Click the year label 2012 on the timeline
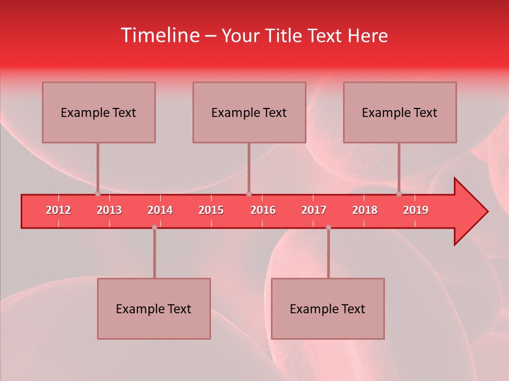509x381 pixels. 58,210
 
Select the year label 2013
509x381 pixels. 109,210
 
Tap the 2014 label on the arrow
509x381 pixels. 160,210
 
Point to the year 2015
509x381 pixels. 211,210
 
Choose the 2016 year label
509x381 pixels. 263,210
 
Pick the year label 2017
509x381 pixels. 314,210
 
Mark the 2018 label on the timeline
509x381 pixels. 365,210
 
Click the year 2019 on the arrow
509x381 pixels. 416,210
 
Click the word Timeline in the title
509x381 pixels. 159,35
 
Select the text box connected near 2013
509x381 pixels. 99,112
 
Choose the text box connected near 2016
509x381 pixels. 249,112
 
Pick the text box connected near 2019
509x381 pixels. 400,112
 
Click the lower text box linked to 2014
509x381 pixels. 154,309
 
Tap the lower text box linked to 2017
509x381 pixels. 328,309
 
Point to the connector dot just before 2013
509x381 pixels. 98,194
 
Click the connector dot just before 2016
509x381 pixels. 249,194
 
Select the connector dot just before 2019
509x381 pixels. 399,194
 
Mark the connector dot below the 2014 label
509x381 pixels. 154,228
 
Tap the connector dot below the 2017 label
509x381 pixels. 328,228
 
